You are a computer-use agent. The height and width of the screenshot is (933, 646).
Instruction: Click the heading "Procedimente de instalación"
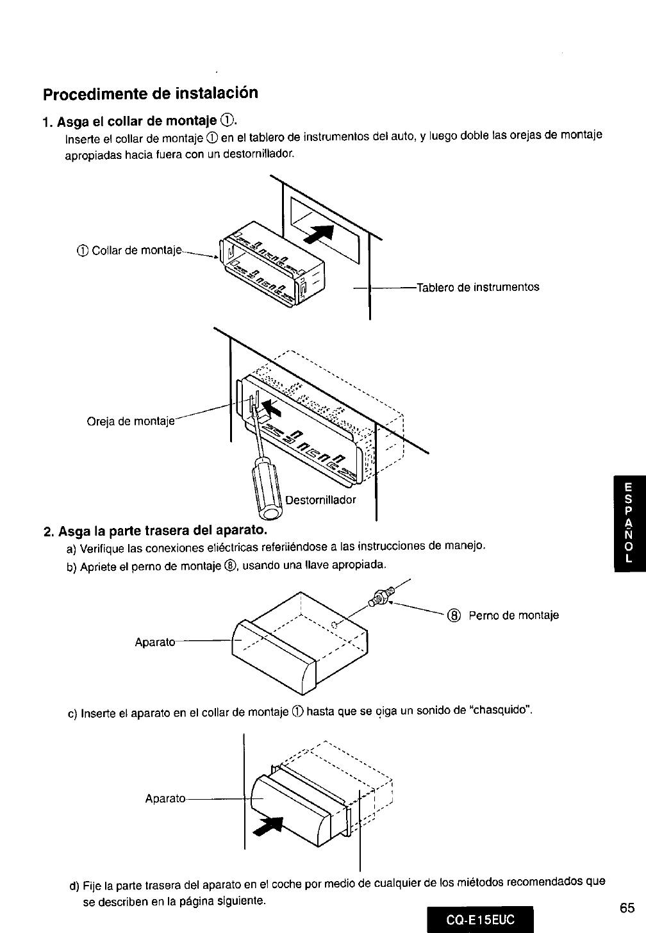[151, 94]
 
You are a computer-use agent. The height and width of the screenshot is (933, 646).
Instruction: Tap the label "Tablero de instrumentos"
[478, 287]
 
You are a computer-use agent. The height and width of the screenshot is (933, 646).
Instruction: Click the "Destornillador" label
[320, 500]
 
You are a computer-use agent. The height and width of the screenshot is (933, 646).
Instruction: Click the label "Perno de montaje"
[513, 616]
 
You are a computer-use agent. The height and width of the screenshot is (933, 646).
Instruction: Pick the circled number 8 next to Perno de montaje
[454, 616]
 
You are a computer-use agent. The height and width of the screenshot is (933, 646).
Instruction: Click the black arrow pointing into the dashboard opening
[320, 234]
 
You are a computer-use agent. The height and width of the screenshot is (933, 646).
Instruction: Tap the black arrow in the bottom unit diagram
[270, 827]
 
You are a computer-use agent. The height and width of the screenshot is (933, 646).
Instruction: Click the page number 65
[627, 908]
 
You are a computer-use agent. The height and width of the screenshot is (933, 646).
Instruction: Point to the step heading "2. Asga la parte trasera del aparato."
[154, 531]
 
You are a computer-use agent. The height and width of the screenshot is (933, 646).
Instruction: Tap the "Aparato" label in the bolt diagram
[154, 641]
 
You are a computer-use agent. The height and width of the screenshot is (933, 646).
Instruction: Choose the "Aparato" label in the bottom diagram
[165, 798]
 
